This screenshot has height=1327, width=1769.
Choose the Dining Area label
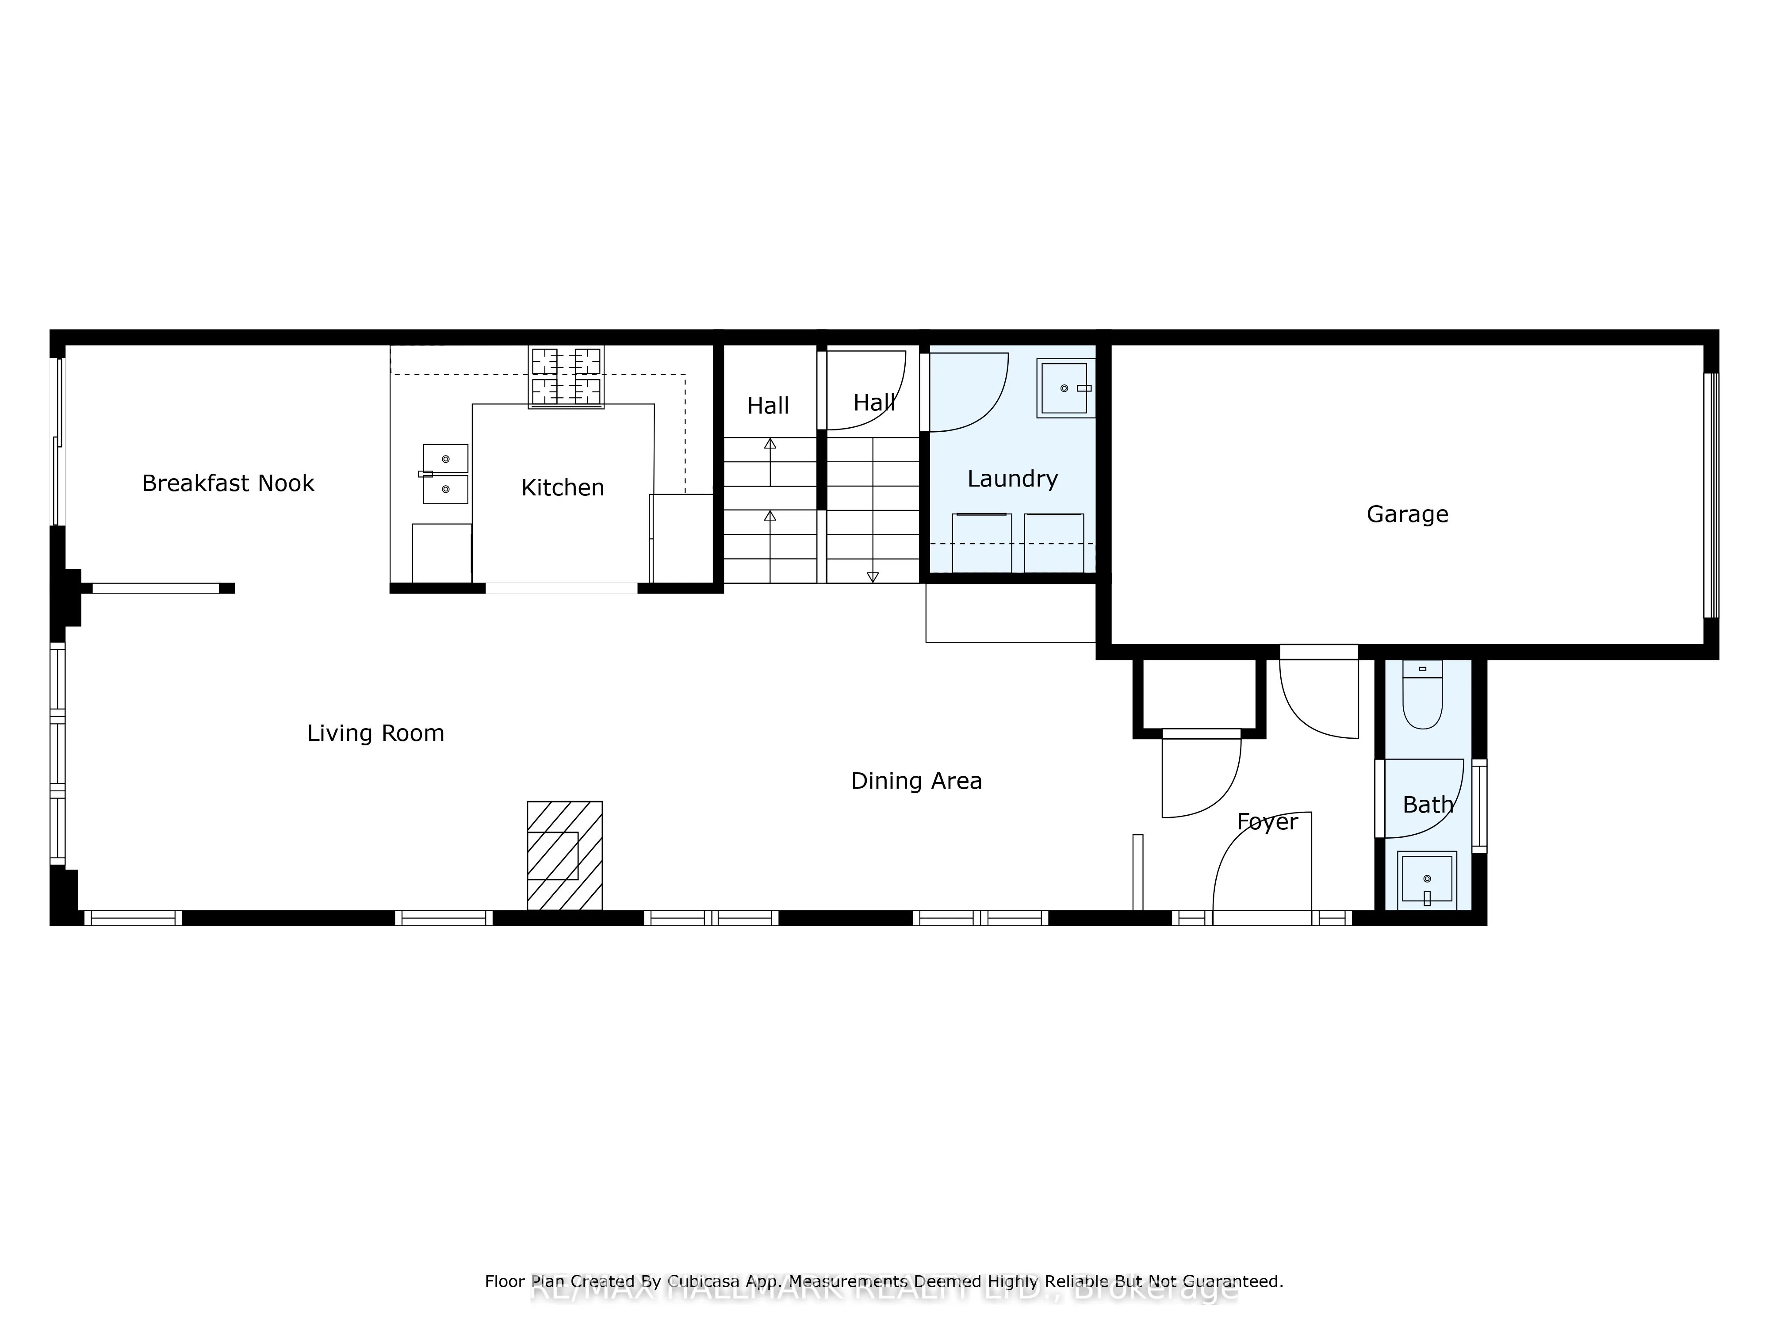coord(916,781)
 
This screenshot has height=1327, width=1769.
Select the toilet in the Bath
coord(1422,696)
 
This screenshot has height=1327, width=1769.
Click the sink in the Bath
coord(1427,880)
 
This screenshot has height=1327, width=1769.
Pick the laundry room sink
coord(1064,388)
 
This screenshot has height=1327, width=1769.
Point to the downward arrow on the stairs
coord(873,576)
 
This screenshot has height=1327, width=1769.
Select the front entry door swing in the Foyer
coord(1264,864)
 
